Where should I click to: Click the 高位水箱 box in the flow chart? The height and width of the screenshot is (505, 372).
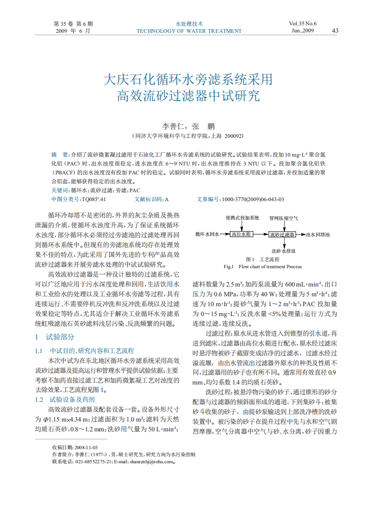242,234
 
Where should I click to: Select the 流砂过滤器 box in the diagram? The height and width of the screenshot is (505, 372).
282,234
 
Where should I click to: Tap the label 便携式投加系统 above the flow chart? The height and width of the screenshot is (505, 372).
242,218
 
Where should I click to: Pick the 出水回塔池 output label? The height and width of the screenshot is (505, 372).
318,234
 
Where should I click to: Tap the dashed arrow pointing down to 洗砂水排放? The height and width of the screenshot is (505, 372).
283,243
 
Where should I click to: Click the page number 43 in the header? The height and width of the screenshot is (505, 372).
335,31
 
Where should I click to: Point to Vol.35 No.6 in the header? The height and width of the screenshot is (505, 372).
303,23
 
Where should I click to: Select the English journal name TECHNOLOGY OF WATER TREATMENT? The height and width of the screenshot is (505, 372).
189,31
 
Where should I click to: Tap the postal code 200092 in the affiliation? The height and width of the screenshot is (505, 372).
233,136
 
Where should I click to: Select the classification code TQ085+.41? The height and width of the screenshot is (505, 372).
94,199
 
